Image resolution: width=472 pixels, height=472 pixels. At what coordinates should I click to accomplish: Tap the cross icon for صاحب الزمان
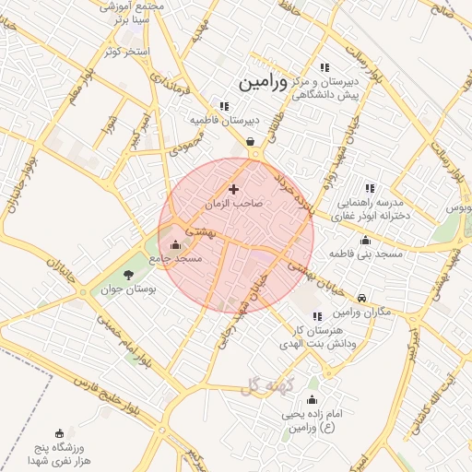(233, 188)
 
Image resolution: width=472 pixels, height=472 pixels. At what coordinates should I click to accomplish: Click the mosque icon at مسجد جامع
(175, 244)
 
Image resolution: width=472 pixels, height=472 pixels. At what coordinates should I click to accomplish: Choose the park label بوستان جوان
(129, 289)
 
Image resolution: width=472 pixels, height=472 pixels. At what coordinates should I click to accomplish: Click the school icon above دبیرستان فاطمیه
(223, 105)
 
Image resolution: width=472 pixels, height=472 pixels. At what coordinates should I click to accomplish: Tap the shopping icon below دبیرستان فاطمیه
(251, 141)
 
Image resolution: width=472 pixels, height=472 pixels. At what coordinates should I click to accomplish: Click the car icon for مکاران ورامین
(362, 298)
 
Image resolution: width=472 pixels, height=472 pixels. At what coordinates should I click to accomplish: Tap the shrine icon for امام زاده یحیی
(312, 399)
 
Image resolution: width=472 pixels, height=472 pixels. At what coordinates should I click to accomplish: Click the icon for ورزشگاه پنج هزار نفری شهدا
(60, 433)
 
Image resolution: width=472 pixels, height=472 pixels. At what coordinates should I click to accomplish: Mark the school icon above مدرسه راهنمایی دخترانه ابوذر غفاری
(371, 188)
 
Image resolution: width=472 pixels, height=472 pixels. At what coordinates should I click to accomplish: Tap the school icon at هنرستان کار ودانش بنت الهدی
(317, 316)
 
